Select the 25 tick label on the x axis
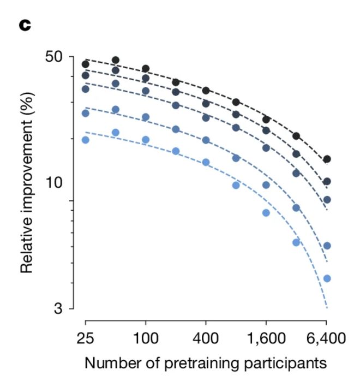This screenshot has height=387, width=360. [85, 338]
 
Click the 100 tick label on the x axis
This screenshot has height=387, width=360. [145, 338]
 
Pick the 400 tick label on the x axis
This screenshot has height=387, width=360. [206, 338]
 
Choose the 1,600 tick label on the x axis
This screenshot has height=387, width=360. [266, 338]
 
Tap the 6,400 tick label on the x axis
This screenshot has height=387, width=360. [326, 338]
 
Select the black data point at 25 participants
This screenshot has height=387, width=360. [85, 64]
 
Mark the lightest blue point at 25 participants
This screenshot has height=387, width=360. [85, 140]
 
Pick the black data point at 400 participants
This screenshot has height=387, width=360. [206, 91]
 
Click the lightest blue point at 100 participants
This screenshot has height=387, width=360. [146, 140]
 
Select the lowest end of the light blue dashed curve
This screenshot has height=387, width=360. [326, 307]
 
